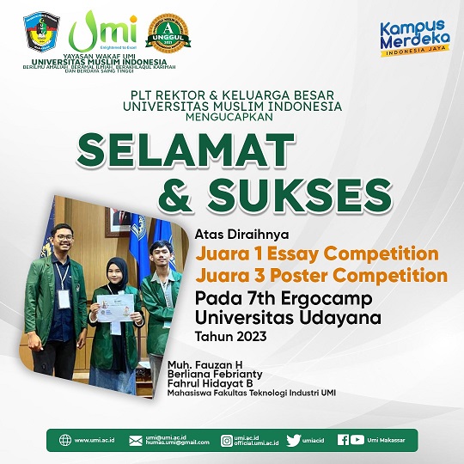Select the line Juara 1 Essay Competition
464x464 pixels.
click(317, 254)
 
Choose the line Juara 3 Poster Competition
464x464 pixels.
click(321, 277)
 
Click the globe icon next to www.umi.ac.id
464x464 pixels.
click(65, 441)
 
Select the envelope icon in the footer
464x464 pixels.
click(136, 441)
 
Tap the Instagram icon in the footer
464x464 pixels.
click(227, 441)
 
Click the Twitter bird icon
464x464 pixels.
click(293, 441)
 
